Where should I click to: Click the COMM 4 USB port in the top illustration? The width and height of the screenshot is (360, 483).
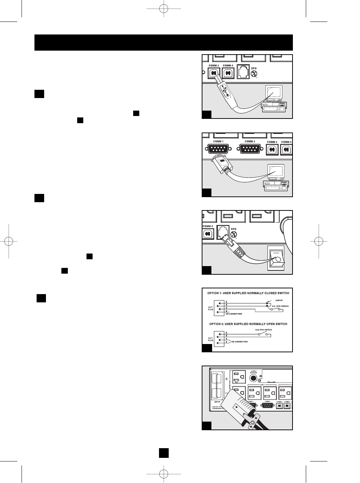click(228, 73)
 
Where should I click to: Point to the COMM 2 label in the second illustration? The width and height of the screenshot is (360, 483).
click(249, 141)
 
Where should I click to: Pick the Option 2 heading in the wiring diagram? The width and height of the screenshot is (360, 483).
click(248, 324)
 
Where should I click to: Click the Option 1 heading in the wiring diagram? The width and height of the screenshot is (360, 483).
click(248, 293)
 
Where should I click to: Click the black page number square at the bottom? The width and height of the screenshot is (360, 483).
click(164, 452)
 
